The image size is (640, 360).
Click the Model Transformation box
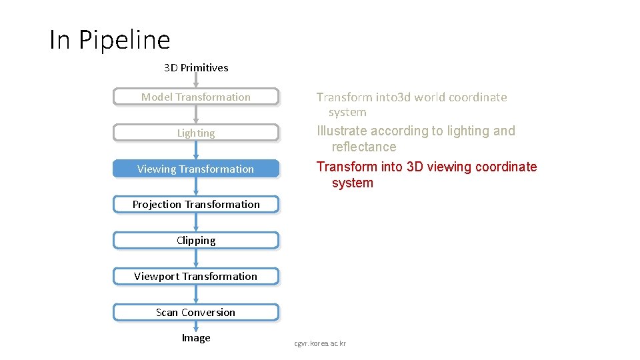point(195,97)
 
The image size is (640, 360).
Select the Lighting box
point(195,133)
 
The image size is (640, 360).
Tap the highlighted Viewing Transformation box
point(195,169)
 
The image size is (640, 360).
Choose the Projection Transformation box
point(195,205)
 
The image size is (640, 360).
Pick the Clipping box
point(195,241)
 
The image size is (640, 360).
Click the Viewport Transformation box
point(195,277)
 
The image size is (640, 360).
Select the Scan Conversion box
point(195,313)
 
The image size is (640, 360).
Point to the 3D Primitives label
point(196,67)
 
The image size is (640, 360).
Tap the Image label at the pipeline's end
point(196,338)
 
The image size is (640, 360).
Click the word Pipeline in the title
point(125,40)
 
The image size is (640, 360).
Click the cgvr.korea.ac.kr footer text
point(321,343)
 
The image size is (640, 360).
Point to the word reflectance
point(364,147)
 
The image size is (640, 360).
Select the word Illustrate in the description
point(342,131)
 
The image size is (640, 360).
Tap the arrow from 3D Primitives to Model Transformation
point(196,81)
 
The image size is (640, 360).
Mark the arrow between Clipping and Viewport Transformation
point(196,259)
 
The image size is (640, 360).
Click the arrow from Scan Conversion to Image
point(196,326)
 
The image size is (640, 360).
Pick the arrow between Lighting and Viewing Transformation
point(196,151)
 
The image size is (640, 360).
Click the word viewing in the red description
point(449,167)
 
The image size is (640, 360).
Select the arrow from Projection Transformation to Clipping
point(196,223)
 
